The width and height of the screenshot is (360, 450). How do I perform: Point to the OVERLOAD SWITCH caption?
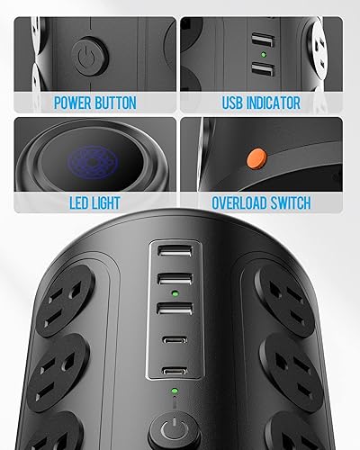pyautogui.click(x=261, y=204)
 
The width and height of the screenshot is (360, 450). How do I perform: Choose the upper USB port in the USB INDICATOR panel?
pyautogui.click(x=259, y=41)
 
